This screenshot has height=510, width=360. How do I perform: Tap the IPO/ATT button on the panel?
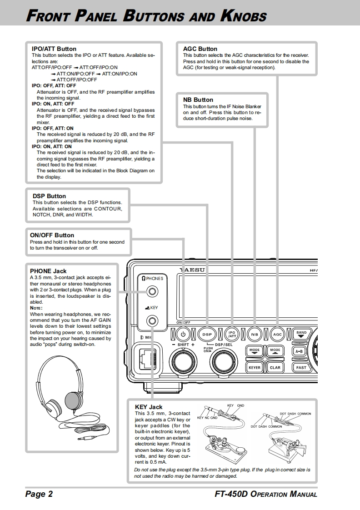pos(232,334)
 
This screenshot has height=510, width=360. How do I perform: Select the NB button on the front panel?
pos(255,335)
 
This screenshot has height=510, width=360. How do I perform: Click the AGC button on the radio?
pos(277,335)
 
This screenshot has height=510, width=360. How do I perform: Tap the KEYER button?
pos(255,367)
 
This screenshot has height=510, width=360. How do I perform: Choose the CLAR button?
pos(275,367)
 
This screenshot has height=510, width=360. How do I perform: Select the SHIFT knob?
pos(182,363)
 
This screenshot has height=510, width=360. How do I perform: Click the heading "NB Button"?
pos(198,100)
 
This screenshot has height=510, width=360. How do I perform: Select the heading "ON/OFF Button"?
pos(52,235)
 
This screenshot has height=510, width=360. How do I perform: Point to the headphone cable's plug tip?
pos(81,439)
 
